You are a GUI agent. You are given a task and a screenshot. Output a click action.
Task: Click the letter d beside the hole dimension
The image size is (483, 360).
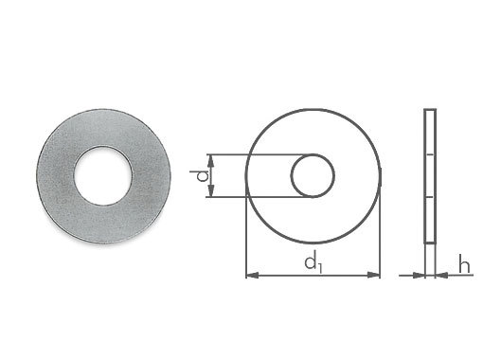(203, 175)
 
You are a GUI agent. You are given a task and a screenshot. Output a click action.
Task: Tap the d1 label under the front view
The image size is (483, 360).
(313, 263)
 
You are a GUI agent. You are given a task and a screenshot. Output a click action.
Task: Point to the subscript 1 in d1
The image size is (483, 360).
(320, 268)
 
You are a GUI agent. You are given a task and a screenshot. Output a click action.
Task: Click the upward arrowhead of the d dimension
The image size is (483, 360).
(211, 161)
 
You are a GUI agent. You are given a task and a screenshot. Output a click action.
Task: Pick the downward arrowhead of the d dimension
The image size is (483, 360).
(211, 190)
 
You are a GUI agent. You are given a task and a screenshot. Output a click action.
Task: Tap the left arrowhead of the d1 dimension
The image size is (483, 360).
(253, 276)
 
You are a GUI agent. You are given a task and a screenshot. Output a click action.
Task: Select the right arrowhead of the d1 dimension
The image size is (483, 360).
(373, 276)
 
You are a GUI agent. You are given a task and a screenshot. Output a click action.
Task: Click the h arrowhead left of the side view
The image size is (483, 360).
(418, 276)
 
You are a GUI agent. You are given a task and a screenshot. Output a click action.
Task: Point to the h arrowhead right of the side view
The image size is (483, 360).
(442, 276)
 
